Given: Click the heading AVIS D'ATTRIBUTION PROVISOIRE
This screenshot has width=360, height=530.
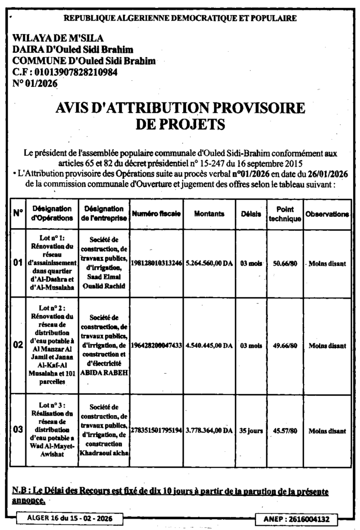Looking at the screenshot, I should [x=179, y=108].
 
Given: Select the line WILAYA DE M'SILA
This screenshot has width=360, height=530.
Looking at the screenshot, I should [x=58, y=38].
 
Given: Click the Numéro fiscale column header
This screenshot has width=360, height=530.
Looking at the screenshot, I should [x=156, y=213].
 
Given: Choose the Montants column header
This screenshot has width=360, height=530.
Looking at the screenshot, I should [x=209, y=213].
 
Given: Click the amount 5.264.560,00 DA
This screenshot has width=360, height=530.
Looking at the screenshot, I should [x=209, y=263].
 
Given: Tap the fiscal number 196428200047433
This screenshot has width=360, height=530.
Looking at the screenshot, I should [x=156, y=345].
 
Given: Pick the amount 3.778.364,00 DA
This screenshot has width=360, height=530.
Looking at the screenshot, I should [x=209, y=430].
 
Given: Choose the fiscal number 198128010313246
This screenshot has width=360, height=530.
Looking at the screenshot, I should [x=156, y=263].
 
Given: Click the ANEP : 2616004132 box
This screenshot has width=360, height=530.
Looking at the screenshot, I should [x=296, y=518].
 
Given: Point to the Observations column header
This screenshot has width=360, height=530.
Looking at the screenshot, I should [x=327, y=213].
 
